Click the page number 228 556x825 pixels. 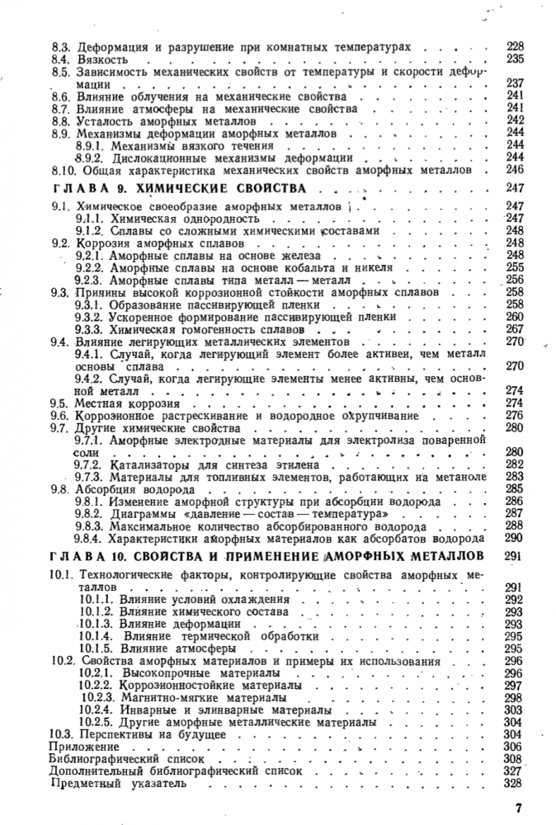(x=515, y=47)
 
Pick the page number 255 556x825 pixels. (x=515, y=267)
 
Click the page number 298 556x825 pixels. (x=515, y=697)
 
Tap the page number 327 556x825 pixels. (x=515, y=770)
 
